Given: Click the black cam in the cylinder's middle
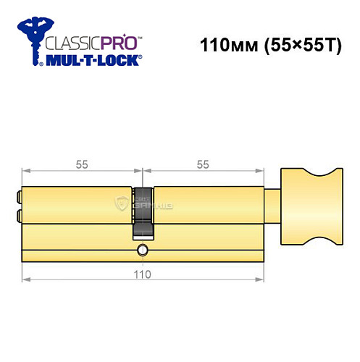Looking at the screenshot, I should [x=142, y=210].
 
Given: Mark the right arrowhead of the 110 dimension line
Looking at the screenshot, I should [x=259, y=278].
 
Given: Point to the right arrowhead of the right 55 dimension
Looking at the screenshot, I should [x=259, y=172].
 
